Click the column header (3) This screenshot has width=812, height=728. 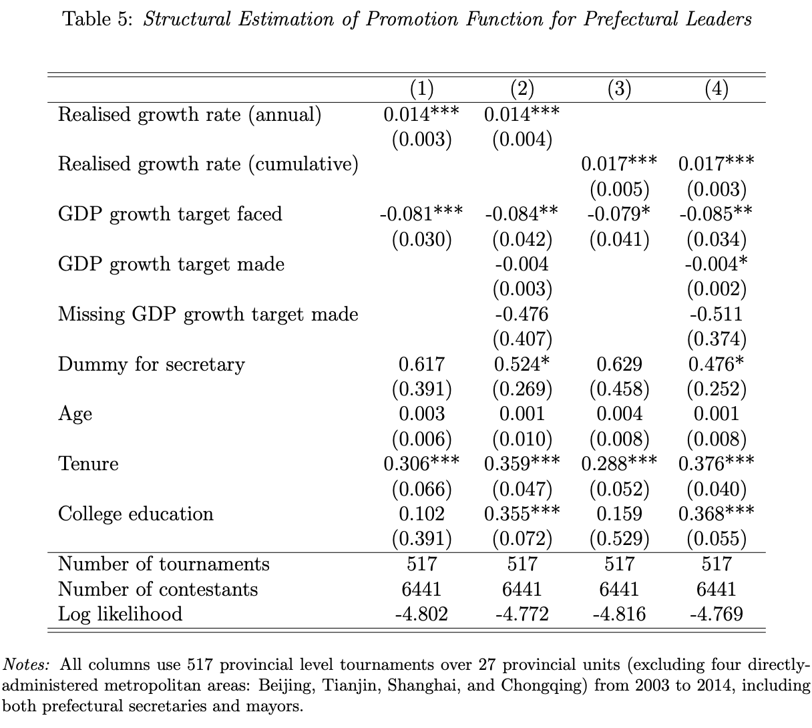tap(619, 89)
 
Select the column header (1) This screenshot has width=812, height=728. tap(421, 89)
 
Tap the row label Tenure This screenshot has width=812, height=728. tap(88, 464)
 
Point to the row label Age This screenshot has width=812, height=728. tap(75, 415)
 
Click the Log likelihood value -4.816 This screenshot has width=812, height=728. tap(619, 614)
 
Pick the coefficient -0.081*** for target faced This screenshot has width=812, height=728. tap(421, 214)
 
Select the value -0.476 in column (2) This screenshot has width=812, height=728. tap(522, 314)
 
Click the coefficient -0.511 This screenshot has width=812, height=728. tap(717, 314)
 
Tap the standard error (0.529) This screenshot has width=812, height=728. tap(619, 539)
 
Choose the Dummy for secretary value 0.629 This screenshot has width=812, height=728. tap(619, 364)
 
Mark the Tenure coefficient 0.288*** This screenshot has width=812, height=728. tap(619, 464)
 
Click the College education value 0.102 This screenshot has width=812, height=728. tap(421, 514)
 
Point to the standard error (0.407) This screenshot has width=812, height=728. tap(522, 339)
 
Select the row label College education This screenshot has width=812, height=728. tap(136, 514)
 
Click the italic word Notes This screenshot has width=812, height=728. tap(26, 665)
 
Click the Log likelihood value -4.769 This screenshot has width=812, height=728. tap(717, 614)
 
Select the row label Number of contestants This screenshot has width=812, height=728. tap(158, 589)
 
